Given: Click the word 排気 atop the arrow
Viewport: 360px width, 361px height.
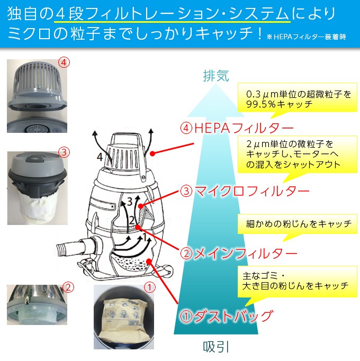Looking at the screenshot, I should coord(216,76).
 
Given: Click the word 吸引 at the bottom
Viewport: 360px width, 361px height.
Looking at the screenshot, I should coord(216,347).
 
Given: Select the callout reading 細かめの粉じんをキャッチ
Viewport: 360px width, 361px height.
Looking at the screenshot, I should coord(298,224).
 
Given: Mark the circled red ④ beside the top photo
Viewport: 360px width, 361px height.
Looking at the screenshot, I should coord(64,62).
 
